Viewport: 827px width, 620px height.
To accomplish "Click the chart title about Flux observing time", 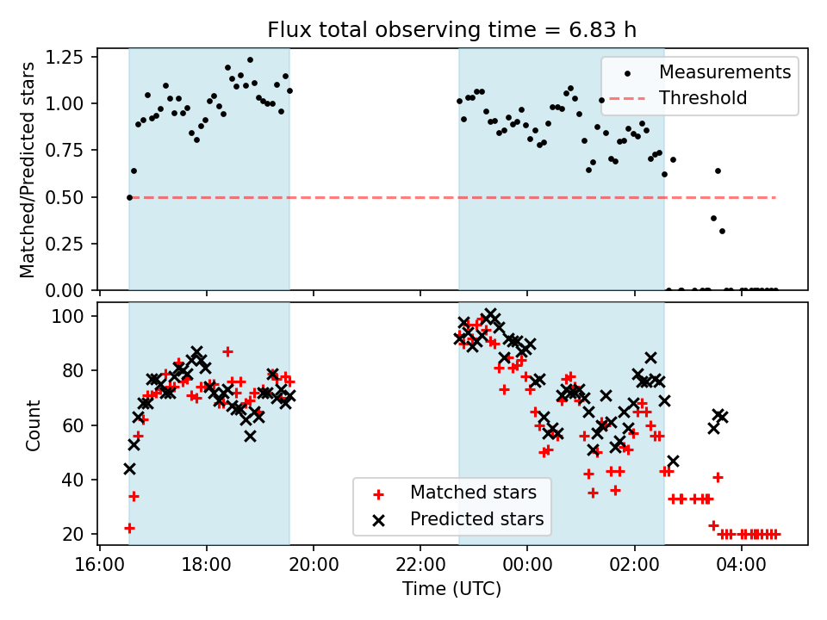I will click(x=451, y=30).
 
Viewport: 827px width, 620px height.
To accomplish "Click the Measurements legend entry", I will click(x=724, y=71).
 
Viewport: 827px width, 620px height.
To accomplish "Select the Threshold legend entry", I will click(x=703, y=98).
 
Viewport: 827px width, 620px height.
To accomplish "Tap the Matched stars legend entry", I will click(x=473, y=493).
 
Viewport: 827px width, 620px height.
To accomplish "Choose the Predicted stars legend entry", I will click(x=476, y=519).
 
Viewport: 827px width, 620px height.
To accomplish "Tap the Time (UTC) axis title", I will click(x=451, y=589).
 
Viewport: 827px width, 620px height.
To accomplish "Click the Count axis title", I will click(x=34, y=425).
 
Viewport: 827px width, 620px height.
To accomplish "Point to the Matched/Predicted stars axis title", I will click(x=28, y=170).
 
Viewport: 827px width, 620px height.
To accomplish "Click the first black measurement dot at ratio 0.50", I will click(x=129, y=197).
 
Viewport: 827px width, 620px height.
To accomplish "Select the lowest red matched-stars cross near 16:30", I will click(x=129, y=528).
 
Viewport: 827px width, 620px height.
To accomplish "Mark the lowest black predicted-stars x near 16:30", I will click(x=129, y=468).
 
